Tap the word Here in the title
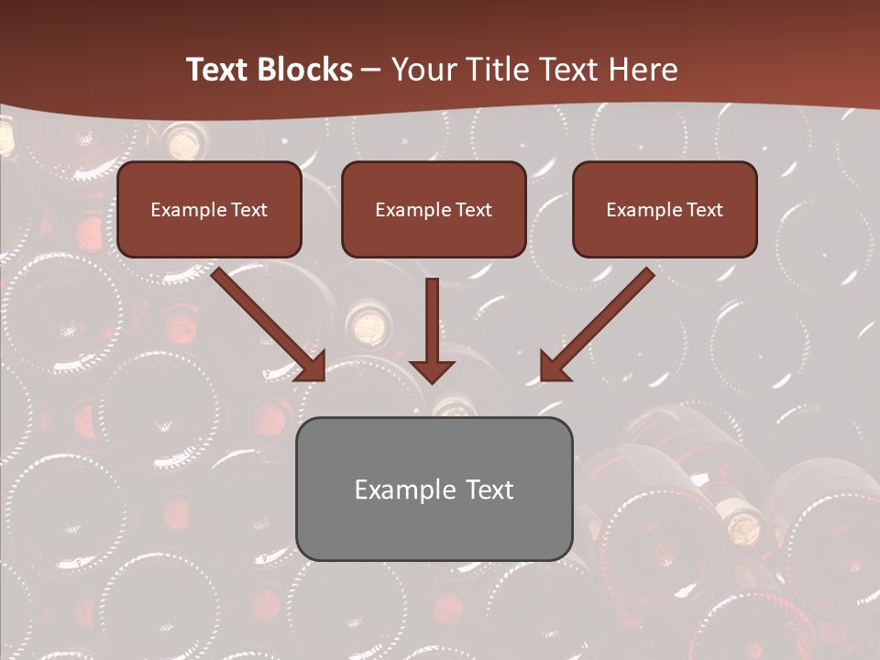point(645,70)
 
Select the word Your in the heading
point(423,70)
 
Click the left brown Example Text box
point(209,209)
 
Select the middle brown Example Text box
point(434,209)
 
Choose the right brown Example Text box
point(665,209)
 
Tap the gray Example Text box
point(434,489)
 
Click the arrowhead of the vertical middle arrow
point(432,370)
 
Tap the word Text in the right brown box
point(704,210)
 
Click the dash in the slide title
point(371,70)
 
